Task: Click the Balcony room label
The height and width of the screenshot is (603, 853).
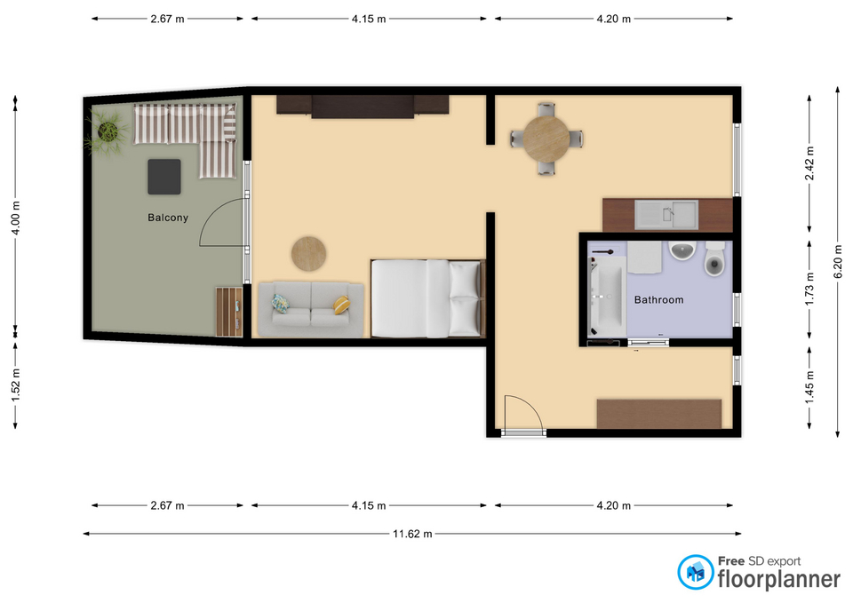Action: (x=168, y=218)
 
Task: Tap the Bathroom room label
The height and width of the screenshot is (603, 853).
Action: (x=658, y=299)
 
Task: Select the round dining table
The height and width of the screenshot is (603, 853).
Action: (x=546, y=139)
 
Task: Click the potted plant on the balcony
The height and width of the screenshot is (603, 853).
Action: (x=108, y=131)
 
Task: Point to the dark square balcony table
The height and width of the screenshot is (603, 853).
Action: (x=164, y=177)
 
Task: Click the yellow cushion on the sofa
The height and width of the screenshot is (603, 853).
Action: (x=341, y=305)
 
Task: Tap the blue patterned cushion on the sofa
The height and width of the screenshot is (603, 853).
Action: (x=281, y=304)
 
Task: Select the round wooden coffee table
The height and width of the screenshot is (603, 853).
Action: (x=308, y=253)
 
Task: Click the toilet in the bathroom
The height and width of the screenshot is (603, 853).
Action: (x=714, y=258)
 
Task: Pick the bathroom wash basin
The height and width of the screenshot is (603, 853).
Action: (x=682, y=250)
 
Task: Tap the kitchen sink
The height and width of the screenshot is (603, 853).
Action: (x=666, y=214)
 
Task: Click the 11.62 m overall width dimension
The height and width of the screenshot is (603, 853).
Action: (x=412, y=534)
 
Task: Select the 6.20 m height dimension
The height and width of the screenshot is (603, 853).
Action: (x=838, y=261)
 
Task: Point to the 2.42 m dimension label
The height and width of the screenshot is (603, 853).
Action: (x=809, y=163)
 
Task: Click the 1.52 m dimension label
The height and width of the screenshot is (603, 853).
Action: (x=15, y=385)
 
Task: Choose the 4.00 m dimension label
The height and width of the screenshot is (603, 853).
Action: (x=15, y=218)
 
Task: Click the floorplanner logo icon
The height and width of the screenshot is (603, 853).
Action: (x=695, y=572)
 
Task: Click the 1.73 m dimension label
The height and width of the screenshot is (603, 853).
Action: (x=809, y=288)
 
